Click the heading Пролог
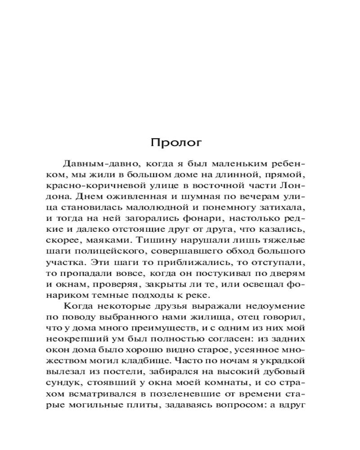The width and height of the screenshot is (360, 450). click(x=176, y=143)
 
